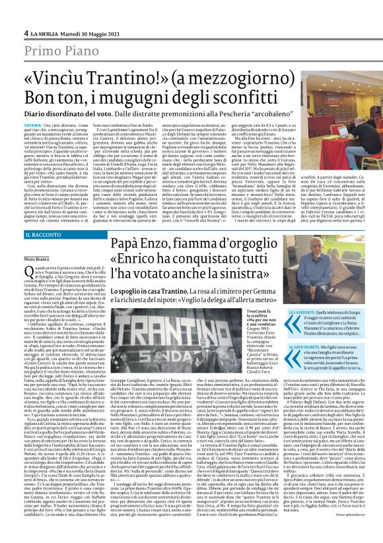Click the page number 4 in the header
pos(26,32)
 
